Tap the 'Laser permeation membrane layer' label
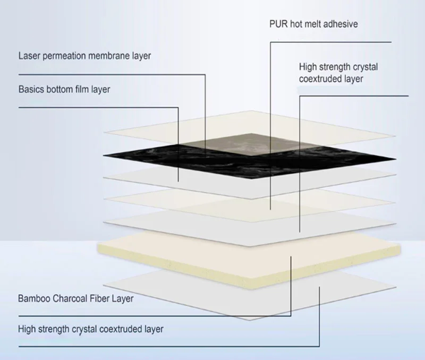click(x=84, y=56)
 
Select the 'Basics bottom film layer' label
click(x=64, y=89)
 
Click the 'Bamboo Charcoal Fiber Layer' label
click(x=75, y=298)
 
